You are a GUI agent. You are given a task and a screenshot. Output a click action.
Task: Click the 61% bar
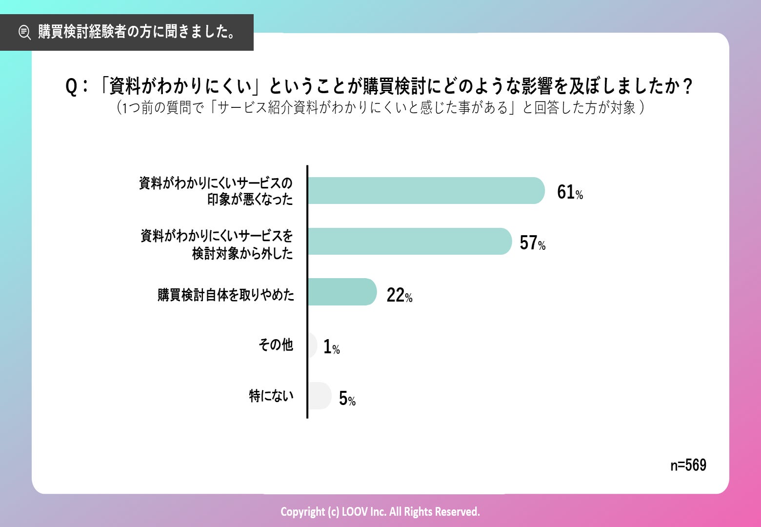[425, 191]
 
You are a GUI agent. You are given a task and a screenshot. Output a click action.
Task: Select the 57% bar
[409, 242]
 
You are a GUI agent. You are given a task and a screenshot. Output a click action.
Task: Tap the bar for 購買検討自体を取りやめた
[342, 292]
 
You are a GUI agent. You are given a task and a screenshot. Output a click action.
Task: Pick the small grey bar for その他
[312, 345]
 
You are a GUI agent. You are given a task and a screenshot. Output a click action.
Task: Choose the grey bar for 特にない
[320, 396]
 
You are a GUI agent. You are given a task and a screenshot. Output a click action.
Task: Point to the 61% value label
[570, 192]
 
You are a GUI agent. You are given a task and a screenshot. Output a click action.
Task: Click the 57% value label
[532, 243]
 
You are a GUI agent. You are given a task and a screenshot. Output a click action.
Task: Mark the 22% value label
[399, 295]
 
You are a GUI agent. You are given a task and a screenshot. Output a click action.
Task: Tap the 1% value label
[331, 347]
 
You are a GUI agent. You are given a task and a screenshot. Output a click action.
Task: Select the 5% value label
[347, 399]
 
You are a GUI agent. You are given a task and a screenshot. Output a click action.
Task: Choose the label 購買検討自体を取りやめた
[226, 295]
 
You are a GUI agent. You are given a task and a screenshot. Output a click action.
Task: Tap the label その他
[276, 345]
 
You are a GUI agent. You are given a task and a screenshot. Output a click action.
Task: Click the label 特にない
[271, 396]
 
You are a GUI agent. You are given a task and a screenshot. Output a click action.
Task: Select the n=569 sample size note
[688, 465]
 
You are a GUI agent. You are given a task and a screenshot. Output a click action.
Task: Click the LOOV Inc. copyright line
[380, 511]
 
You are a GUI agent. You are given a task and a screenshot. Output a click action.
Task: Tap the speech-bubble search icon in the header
[24, 32]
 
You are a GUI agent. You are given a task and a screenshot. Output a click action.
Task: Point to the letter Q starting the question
[71, 87]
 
